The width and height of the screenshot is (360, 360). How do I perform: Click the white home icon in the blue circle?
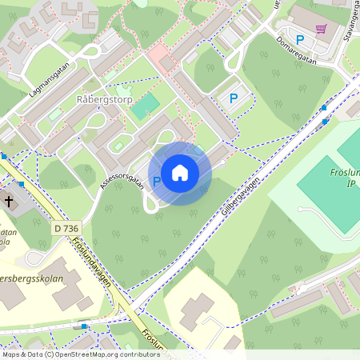click(x=180, y=173)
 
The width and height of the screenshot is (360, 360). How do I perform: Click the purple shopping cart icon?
click(x=322, y=29)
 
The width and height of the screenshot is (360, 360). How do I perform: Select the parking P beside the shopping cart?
click(x=300, y=39)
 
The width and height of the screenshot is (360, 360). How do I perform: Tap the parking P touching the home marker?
click(x=157, y=182)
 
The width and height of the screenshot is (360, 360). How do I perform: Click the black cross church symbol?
click(x=9, y=201)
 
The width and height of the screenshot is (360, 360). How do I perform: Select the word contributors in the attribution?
click(x=137, y=354)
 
